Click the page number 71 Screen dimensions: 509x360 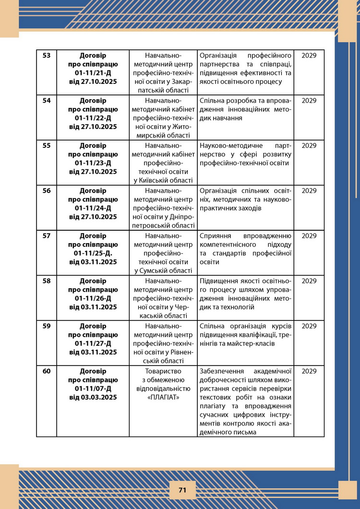182,490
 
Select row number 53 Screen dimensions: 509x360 47,55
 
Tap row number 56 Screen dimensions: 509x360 47,190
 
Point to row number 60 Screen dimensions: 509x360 47,371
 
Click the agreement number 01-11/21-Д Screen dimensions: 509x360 93,72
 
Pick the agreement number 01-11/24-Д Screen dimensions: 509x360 93,208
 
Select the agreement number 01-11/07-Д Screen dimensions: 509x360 93,388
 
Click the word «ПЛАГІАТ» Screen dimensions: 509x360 163,397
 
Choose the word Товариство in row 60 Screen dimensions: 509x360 163,371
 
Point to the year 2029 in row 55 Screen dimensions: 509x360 309,145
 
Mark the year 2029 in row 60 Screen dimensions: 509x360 309,371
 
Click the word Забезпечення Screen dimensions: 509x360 221,371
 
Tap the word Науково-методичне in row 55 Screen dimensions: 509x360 228,145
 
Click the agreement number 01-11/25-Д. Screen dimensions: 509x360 93,253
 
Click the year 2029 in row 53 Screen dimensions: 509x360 309,55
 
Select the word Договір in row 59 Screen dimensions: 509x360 93,326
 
